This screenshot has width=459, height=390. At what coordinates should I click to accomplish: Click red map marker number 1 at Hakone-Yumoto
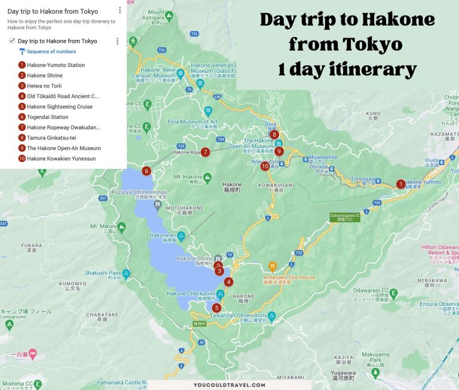coord(401,184)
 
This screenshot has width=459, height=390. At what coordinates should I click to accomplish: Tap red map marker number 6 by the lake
coord(146,171)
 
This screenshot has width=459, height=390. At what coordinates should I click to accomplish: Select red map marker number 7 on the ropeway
coord(205,152)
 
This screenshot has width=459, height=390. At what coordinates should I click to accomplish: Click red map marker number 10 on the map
coord(265,166)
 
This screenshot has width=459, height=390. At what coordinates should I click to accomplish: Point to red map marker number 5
coord(216,308)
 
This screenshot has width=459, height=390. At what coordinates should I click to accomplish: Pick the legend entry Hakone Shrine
coord(44,75)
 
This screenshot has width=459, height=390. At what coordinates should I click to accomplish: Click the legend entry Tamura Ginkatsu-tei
coord(51,138)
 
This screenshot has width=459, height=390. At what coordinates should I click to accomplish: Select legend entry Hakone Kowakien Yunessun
coord(61,159)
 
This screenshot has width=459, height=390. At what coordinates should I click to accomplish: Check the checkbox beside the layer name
coord(12,41)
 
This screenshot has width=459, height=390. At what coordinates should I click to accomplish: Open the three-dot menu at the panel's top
coord(120,10)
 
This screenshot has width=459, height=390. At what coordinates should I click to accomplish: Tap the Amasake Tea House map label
coord(289,277)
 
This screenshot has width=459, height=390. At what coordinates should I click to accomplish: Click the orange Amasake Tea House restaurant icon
coord(273,266)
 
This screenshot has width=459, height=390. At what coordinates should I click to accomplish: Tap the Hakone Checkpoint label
coord(191,294)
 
